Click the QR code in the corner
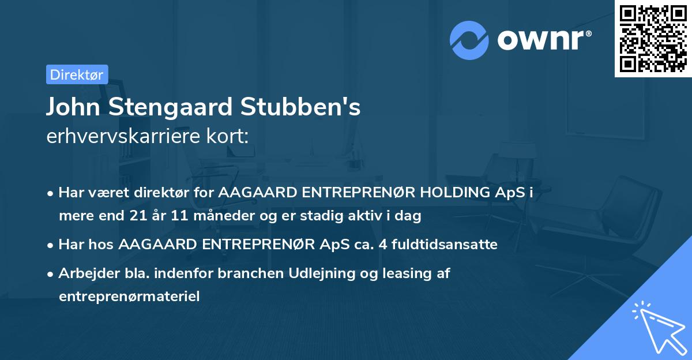[x=653, y=39]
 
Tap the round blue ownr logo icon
[x=469, y=40]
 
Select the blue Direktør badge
[x=77, y=74]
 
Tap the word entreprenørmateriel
[x=129, y=297]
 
